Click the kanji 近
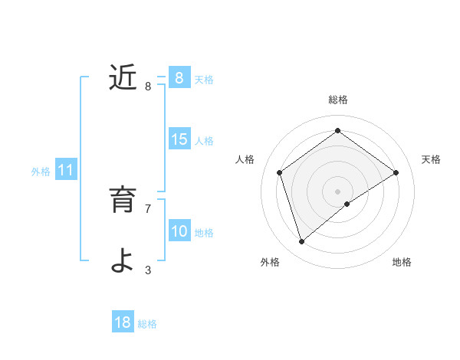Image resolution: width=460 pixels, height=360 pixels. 123,78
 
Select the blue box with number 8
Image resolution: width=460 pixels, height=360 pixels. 179,78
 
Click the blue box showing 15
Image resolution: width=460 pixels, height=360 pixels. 179,140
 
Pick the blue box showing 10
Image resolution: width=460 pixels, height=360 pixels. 179,232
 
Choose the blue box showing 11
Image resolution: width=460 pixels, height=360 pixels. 65,171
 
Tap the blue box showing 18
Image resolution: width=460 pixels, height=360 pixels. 123,322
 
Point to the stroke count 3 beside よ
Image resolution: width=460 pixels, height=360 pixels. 148,270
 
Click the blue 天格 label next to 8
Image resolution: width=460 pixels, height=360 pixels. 204,79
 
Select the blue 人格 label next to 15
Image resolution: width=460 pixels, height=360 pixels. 204,141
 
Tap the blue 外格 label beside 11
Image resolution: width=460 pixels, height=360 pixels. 41,172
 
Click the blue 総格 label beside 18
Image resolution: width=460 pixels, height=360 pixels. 147,323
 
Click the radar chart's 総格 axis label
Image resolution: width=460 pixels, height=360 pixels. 338,100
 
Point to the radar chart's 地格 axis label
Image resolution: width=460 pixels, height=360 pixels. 402,262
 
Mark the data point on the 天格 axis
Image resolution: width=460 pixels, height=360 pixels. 396,172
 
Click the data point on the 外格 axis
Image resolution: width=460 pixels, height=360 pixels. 302,242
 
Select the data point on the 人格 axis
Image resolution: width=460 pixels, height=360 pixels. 279,172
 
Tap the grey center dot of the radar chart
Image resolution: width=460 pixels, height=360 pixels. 337,191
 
